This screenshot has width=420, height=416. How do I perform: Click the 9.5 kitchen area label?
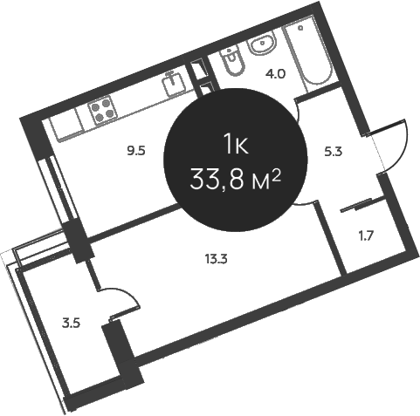[136, 152]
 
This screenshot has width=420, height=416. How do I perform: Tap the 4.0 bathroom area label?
[275, 74]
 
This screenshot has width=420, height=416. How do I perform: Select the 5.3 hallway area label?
[334, 152]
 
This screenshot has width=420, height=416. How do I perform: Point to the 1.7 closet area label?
[366, 236]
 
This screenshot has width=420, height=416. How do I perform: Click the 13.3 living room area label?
[216, 258]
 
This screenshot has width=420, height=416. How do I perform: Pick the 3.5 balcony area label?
[71, 324]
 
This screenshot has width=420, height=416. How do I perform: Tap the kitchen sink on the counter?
[175, 84]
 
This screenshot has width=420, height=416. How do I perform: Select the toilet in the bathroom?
[232, 62]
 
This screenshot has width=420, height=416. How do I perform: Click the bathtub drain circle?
[300, 28]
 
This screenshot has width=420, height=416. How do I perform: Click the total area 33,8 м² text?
[235, 180]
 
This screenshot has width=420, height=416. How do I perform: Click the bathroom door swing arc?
[298, 112]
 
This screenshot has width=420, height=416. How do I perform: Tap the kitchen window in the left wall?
[59, 190]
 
